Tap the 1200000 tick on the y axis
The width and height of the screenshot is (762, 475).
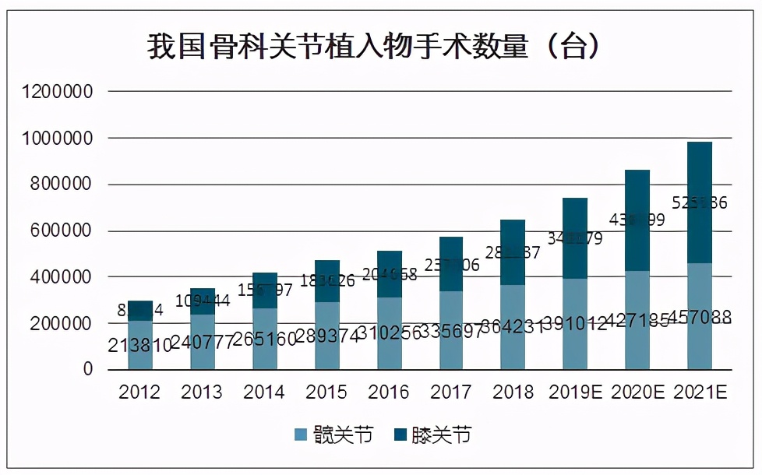coord(58,92)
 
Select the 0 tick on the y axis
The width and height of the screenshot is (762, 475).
coord(87,369)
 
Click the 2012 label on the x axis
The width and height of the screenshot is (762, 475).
coord(140,392)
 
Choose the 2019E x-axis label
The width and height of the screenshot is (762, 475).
coord(575,392)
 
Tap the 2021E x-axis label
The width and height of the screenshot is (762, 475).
coord(699,392)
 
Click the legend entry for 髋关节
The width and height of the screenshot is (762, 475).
coord(334,435)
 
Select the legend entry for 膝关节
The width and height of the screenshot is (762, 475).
coord(432,435)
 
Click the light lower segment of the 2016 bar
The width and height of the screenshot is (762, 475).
coord(389,350)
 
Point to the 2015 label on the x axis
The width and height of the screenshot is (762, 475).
coord(326,392)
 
